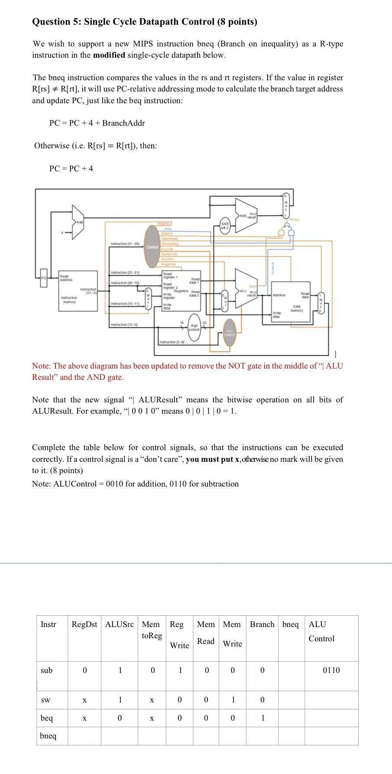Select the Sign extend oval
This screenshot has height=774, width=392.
click(x=194, y=327)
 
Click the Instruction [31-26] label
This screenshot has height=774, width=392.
click(x=125, y=244)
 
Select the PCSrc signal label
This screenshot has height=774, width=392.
click(x=295, y=220)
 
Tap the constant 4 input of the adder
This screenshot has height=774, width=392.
click(x=63, y=233)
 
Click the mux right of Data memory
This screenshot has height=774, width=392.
click(x=321, y=300)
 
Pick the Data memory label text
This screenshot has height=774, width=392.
click(x=296, y=308)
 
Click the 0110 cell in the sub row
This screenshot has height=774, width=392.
click(x=331, y=670)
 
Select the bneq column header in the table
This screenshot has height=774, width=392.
click(x=290, y=624)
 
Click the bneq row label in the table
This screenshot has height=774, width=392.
click(x=48, y=736)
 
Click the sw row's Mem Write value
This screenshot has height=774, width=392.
click(x=233, y=700)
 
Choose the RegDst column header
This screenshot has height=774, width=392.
click(x=84, y=624)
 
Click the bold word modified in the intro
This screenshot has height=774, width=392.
click(x=109, y=55)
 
